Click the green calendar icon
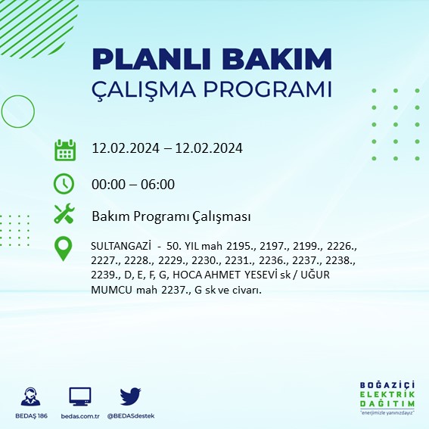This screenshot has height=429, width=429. point(64,149)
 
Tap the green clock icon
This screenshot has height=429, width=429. point(64,184)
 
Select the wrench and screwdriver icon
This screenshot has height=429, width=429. point(64,215)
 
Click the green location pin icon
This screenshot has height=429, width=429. point(64,248)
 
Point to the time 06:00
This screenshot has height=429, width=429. point(158,184)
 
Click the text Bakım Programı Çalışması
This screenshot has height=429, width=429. point(171,216)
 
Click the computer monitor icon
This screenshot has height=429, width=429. point(79,396)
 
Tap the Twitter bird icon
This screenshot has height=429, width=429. point(131,396)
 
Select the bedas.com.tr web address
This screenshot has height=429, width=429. point(79,416)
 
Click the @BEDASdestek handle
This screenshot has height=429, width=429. point(132,416)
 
